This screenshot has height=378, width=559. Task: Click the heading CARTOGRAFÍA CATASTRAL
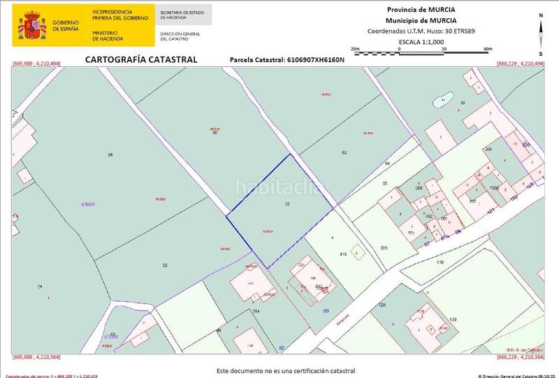(x=141, y=59)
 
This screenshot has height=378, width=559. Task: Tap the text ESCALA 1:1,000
(x=421, y=42)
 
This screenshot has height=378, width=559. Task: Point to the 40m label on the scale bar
(x=487, y=48)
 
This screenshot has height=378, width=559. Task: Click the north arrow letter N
(x=541, y=15)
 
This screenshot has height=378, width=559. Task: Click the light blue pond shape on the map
(x=442, y=102)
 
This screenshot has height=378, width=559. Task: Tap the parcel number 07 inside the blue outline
(x=287, y=204)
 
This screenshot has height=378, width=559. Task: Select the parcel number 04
(x=110, y=154)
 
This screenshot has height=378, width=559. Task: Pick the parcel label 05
(x=165, y=265)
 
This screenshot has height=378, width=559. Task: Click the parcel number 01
(x=40, y=286)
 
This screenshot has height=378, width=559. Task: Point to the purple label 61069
(x=88, y=203)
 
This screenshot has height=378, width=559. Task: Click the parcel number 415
(x=343, y=254)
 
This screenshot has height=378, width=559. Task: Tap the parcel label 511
(x=384, y=248)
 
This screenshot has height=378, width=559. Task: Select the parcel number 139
(x=453, y=319)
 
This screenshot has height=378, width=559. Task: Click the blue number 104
(x=382, y=305)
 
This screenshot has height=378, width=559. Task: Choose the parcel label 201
(x=488, y=150)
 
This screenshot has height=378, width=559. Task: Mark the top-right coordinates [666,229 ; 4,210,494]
(x=521, y=64)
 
